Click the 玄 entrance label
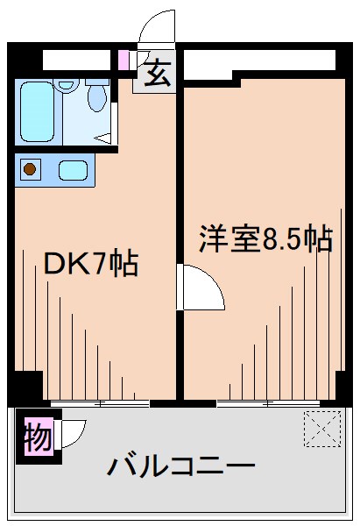click(156, 75)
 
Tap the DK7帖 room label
click(91, 263)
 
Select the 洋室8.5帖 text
click(265, 238)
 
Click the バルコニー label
click(180, 466)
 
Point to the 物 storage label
click(37, 434)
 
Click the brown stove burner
click(31, 169)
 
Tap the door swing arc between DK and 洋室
click(201, 288)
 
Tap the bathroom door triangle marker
click(104, 137)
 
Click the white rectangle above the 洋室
click(259, 60)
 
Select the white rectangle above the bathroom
click(79, 60)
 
